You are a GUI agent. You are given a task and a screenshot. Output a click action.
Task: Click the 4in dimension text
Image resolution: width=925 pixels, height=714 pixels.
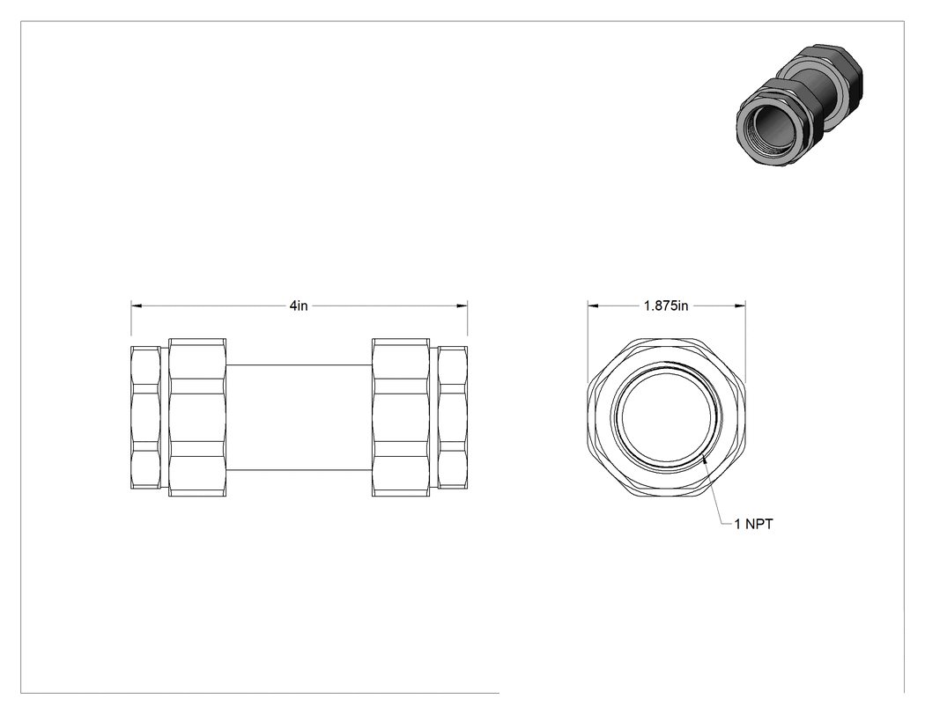pyautogui.click(x=299, y=305)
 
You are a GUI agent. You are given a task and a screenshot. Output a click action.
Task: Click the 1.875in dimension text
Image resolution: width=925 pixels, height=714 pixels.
pyautogui.click(x=666, y=305)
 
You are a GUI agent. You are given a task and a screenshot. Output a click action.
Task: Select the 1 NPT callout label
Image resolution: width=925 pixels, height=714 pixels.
pyautogui.click(x=753, y=524)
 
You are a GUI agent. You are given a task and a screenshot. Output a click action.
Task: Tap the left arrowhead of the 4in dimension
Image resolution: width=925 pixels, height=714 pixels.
pyautogui.click(x=137, y=305)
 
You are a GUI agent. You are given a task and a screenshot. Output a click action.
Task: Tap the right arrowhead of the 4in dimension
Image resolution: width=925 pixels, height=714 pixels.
pyautogui.click(x=462, y=305)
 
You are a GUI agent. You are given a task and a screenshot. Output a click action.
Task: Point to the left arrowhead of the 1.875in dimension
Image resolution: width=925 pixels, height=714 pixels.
pyautogui.click(x=593, y=305)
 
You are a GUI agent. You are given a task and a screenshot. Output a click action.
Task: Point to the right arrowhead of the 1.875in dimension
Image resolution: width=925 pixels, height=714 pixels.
pyautogui.click(x=740, y=305)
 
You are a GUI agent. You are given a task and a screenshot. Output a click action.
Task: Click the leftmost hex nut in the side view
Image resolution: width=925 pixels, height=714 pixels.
pyautogui.click(x=145, y=417)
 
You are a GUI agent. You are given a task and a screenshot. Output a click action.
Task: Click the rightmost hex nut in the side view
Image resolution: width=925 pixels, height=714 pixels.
pyautogui.click(x=453, y=417)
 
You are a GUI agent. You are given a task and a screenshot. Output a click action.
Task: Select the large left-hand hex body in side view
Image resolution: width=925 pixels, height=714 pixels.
pyautogui.click(x=197, y=417)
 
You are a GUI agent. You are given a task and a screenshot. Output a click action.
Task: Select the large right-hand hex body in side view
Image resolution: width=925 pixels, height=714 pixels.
pyautogui.click(x=401, y=417)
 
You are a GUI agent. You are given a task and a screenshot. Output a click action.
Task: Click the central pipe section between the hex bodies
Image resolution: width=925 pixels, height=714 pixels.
pyautogui.click(x=300, y=417)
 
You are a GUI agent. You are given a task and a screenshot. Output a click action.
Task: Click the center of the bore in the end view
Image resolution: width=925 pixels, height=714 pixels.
pyautogui.click(x=667, y=416)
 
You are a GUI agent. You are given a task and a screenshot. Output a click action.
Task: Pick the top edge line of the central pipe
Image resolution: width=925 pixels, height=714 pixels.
pyautogui.click(x=300, y=364)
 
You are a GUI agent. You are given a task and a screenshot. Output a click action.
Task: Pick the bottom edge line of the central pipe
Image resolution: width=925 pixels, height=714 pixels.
pyautogui.click(x=300, y=470)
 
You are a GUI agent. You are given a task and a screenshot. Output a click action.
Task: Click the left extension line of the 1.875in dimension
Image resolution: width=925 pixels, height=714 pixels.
pyautogui.click(x=588, y=342)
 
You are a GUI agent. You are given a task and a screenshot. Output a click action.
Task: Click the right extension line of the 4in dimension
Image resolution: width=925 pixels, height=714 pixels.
pyautogui.click(x=468, y=323)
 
